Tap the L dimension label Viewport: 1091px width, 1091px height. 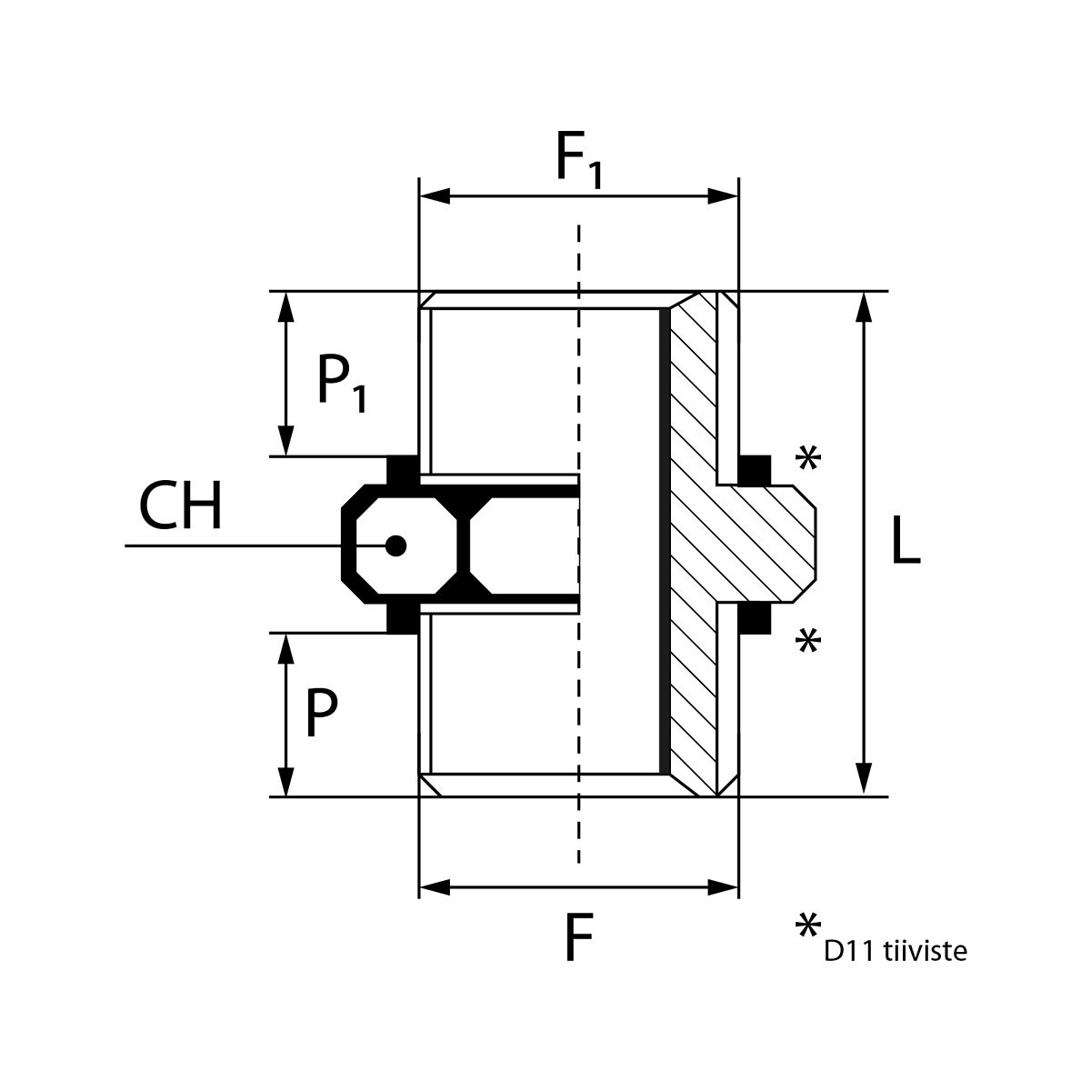coord(906,544)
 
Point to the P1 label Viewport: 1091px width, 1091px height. coord(342,382)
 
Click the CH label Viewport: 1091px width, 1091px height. coord(180,507)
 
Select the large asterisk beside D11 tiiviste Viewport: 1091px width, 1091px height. coord(806,929)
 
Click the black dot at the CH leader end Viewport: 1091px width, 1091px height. coord(395,545)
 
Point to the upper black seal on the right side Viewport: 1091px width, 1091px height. coord(754,470)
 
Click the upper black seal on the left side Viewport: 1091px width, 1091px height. coord(403,469)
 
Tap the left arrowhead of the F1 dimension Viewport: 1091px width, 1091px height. coord(433,196)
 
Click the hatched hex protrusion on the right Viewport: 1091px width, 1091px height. coord(773,544)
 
